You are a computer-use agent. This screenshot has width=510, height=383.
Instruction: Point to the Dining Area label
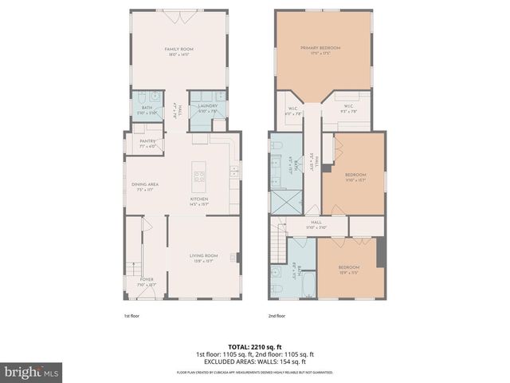[145, 185]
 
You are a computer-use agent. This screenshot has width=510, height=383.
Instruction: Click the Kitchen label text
[199, 199]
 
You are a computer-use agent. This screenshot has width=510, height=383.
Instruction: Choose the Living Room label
[202, 256]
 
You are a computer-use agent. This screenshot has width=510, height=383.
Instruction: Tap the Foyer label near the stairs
[147, 280]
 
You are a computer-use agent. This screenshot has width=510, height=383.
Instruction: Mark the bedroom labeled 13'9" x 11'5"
[348, 269]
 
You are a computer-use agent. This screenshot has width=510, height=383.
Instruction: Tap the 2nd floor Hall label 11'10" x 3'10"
[316, 224]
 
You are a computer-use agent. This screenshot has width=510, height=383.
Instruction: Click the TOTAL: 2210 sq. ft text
[255, 346]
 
